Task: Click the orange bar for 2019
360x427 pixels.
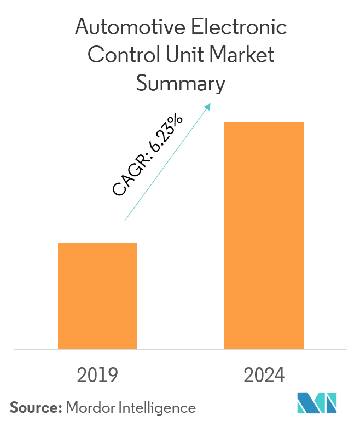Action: tap(97, 296)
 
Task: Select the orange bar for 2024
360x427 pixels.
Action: tap(264, 235)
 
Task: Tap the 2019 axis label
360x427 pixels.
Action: tap(97, 376)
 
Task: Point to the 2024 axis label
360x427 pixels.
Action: tap(264, 376)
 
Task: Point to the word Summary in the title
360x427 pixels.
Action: tap(180, 84)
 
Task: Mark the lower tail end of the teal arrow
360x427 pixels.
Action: tap(125, 221)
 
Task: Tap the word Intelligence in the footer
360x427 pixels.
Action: tap(154, 407)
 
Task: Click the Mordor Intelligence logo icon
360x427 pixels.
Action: tap(317, 403)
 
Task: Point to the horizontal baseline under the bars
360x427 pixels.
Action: tap(181, 349)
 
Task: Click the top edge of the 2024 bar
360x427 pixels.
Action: tap(264, 123)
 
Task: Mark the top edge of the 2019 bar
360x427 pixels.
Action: tap(97, 244)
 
